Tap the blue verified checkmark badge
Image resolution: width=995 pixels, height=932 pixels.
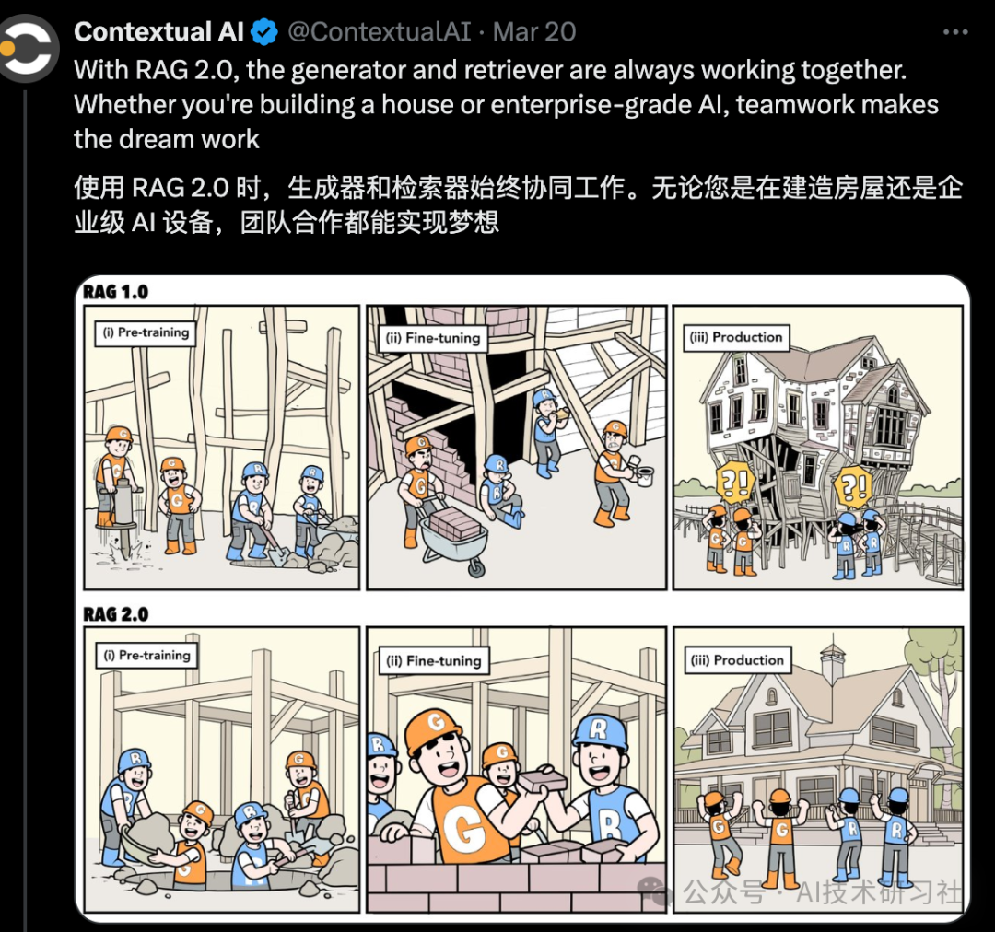pos(265,32)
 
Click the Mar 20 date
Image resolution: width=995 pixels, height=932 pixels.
pos(534,32)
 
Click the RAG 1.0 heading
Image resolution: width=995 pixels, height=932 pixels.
pos(115,293)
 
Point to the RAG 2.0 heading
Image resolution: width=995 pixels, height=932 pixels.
pos(115,614)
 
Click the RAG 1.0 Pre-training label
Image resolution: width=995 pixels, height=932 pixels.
pos(146,332)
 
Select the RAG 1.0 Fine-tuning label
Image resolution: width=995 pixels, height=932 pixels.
pos(431,338)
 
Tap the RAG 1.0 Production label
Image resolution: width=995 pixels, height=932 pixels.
pos(736,337)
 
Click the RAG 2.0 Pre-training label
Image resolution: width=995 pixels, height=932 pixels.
pos(146,656)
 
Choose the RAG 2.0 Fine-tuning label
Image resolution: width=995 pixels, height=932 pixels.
pos(432,660)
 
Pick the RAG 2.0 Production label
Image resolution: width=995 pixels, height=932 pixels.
pos(737,660)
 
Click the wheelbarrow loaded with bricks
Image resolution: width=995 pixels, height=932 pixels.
pos(451,539)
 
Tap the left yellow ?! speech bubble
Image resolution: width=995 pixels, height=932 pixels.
pos(735,481)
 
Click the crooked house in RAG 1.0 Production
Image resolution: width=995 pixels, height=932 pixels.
pos(811,424)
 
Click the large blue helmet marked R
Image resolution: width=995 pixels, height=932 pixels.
pos(600,732)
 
